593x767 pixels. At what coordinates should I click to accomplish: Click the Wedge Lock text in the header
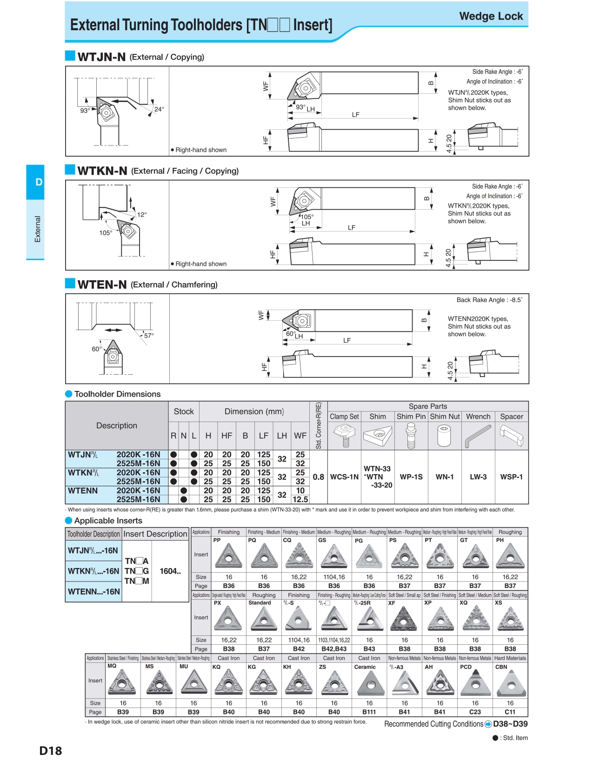coord(491,16)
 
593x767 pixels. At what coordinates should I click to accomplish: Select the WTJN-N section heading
coord(101,57)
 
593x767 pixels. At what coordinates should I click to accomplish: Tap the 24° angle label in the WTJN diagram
coord(159,109)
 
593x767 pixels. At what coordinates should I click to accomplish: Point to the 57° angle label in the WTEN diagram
coord(149,335)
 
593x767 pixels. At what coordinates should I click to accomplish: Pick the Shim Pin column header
coord(411,417)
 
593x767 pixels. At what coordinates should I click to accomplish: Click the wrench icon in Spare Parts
coord(478,436)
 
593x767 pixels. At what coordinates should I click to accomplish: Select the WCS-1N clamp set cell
coord(344,477)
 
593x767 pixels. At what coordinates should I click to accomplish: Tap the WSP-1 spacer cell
coord(511,477)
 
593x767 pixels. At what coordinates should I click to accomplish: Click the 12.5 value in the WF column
coord(300,499)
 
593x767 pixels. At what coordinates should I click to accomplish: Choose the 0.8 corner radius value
coord(318,477)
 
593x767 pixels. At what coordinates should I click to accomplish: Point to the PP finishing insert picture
coord(229,556)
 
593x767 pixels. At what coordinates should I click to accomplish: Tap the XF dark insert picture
coord(405,619)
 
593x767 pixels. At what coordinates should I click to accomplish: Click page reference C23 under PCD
coord(475,712)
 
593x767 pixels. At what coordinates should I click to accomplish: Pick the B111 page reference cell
coord(369,712)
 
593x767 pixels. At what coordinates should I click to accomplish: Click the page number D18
coord(50,751)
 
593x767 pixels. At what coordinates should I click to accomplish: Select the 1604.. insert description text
coord(170,571)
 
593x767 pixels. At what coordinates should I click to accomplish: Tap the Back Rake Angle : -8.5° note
coord(489,300)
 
